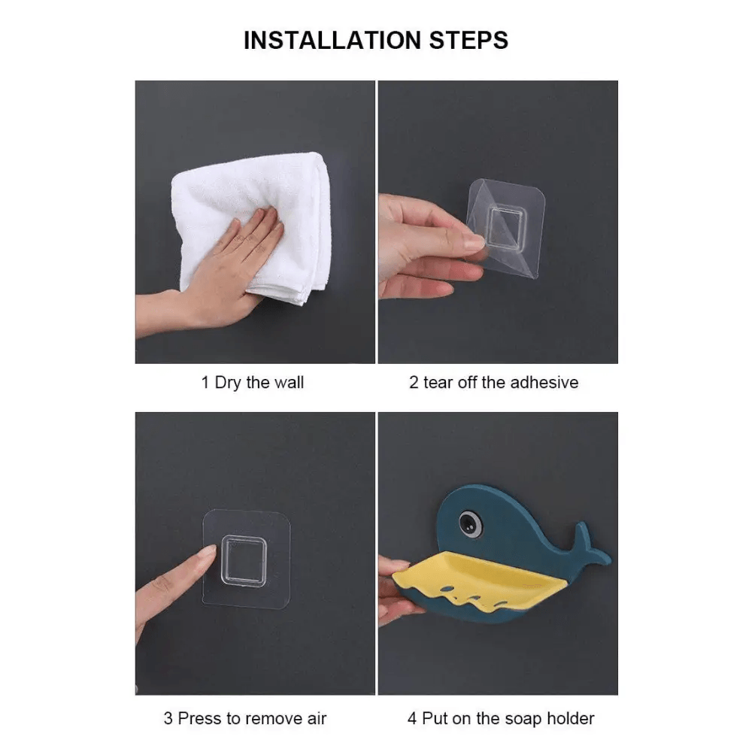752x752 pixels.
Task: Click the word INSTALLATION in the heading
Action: coord(333,41)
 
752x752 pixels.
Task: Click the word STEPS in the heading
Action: coord(468,41)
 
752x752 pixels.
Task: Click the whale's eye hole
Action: coord(471,523)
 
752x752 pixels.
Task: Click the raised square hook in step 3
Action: coord(244,561)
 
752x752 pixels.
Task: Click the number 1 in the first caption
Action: coord(205,383)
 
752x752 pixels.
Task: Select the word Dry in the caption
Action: coord(228,384)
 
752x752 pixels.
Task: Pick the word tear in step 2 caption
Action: coord(438,383)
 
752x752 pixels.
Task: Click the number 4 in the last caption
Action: coord(412,718)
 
